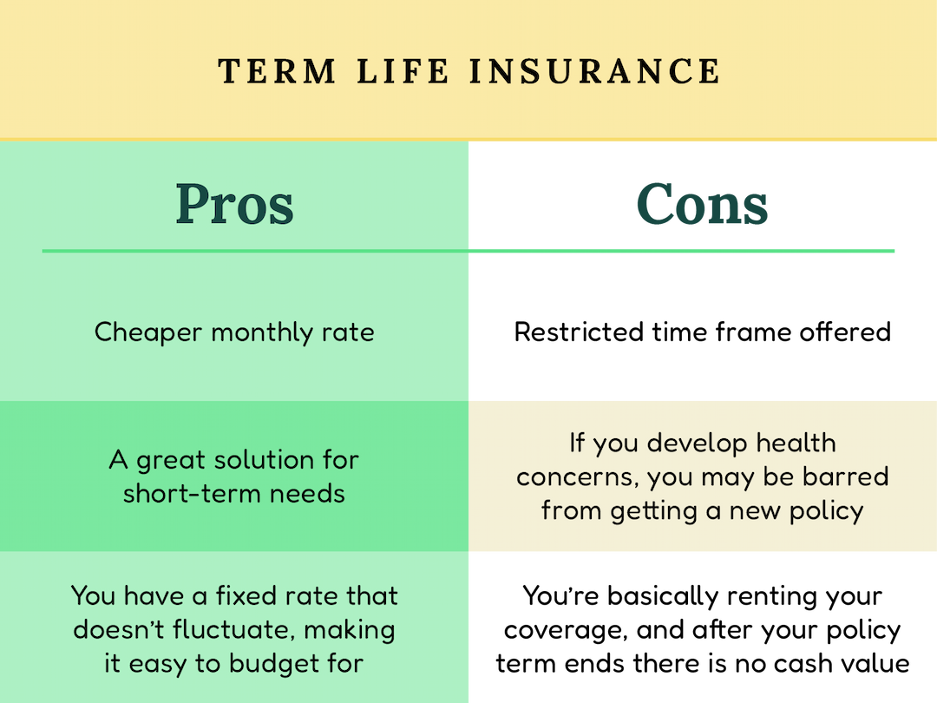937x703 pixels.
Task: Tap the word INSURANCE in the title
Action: tap(595, 71)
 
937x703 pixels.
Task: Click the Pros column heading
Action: tap(234, 205)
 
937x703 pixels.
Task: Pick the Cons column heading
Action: tap(702, 205)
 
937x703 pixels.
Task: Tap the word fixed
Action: tap(234, 596)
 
